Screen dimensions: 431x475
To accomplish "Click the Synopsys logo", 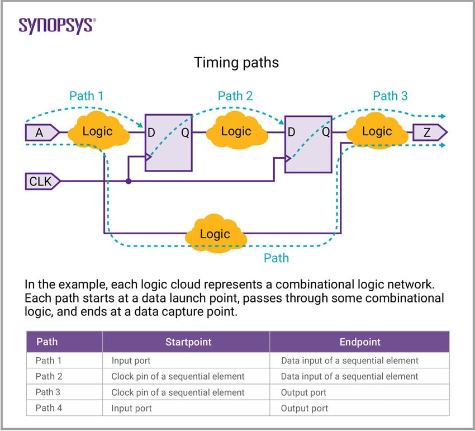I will click(57, 25).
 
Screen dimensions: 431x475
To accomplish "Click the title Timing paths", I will click(236, 62).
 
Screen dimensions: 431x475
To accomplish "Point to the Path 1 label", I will click(86, 96).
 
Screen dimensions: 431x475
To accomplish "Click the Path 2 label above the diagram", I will click(235, 96).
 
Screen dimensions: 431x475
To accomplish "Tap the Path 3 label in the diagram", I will click(390, 96).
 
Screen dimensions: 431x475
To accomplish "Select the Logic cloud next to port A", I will click(97, 132).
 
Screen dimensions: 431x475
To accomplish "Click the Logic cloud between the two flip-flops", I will click(236, 132).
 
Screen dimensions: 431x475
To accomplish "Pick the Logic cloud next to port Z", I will click(377, 132).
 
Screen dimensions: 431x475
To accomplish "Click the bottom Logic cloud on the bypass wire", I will click(215, 234).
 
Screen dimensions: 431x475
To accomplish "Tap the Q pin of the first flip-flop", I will click(185, 132).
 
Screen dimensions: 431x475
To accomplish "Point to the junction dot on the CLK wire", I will click(129, 181).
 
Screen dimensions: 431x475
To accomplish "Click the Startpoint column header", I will click(186, 342).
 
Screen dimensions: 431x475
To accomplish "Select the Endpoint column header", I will click(360, 342).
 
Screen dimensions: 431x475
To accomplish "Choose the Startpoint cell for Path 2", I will click(178, 376).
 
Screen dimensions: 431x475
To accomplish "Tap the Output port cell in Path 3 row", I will click(303, 392).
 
